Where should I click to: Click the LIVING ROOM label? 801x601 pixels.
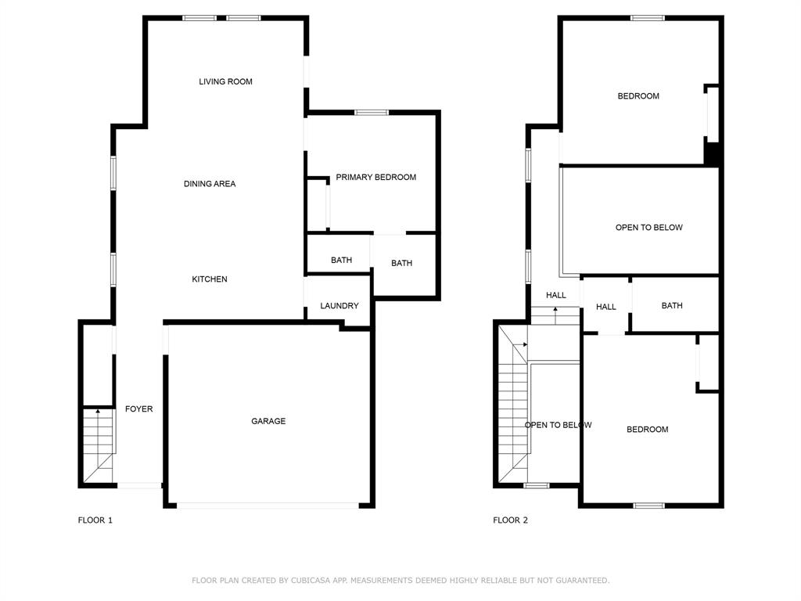click(225, 81)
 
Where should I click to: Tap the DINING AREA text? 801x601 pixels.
click(210, 184)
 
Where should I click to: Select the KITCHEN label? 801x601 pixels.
click(210, 279)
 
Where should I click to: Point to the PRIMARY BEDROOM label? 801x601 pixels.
click(375, 178)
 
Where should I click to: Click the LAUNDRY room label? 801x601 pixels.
click(339, 306)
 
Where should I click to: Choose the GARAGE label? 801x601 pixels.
click(268, 421)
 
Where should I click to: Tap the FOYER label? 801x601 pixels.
click(139, 409)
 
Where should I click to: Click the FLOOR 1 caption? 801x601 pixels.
click(95, 520)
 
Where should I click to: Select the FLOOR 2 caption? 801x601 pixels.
click(510, 520)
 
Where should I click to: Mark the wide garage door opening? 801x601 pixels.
click(268, 506)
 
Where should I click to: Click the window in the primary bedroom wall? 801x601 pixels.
click(372, 113)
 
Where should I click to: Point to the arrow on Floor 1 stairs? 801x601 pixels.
click(98, 410)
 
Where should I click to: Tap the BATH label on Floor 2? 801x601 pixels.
click(672, 306)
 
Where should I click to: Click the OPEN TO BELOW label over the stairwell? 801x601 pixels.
click(558, 425)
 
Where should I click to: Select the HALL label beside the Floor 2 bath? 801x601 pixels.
click(606, 308)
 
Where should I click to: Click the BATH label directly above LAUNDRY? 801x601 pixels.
click(341, 261)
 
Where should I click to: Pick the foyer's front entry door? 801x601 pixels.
click(139, 486)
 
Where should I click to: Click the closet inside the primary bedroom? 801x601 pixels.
click(318, 204)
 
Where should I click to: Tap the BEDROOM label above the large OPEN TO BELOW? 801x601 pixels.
click(638, 96)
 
